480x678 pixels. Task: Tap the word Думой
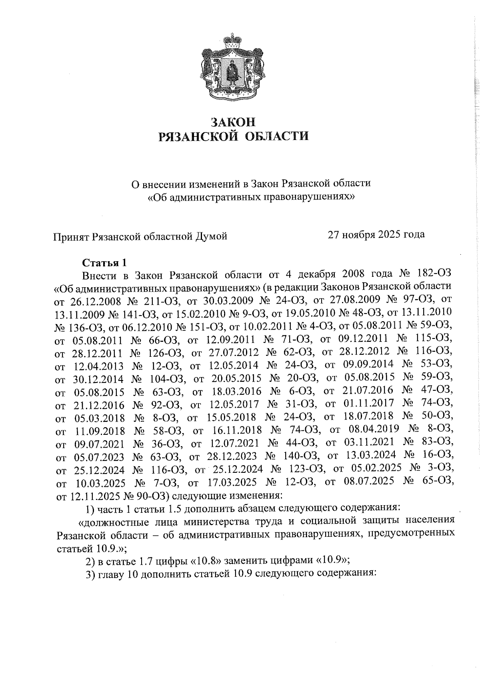pyautogui.click(x=210, y=236)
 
